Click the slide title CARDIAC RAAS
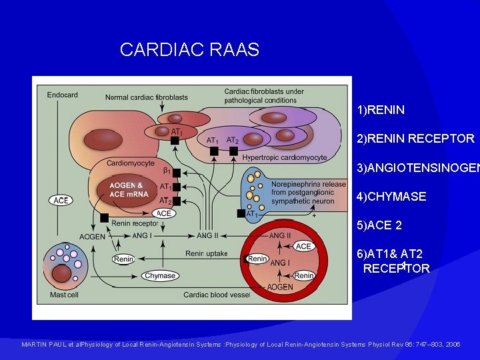(189, 49)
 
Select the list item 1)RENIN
(381, 109)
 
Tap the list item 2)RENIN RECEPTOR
(415, 139)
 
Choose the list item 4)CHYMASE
(391, 197)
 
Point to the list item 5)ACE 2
(379, 225)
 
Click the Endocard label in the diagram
(61, 95)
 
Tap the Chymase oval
(159, 275)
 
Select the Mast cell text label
(63, 295)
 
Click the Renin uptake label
(206, 254)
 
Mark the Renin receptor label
(135, 223)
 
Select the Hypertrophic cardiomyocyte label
(284, 158)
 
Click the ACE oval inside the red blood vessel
(304, 247)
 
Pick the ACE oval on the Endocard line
(61, 200)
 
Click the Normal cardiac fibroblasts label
(146, 97)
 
